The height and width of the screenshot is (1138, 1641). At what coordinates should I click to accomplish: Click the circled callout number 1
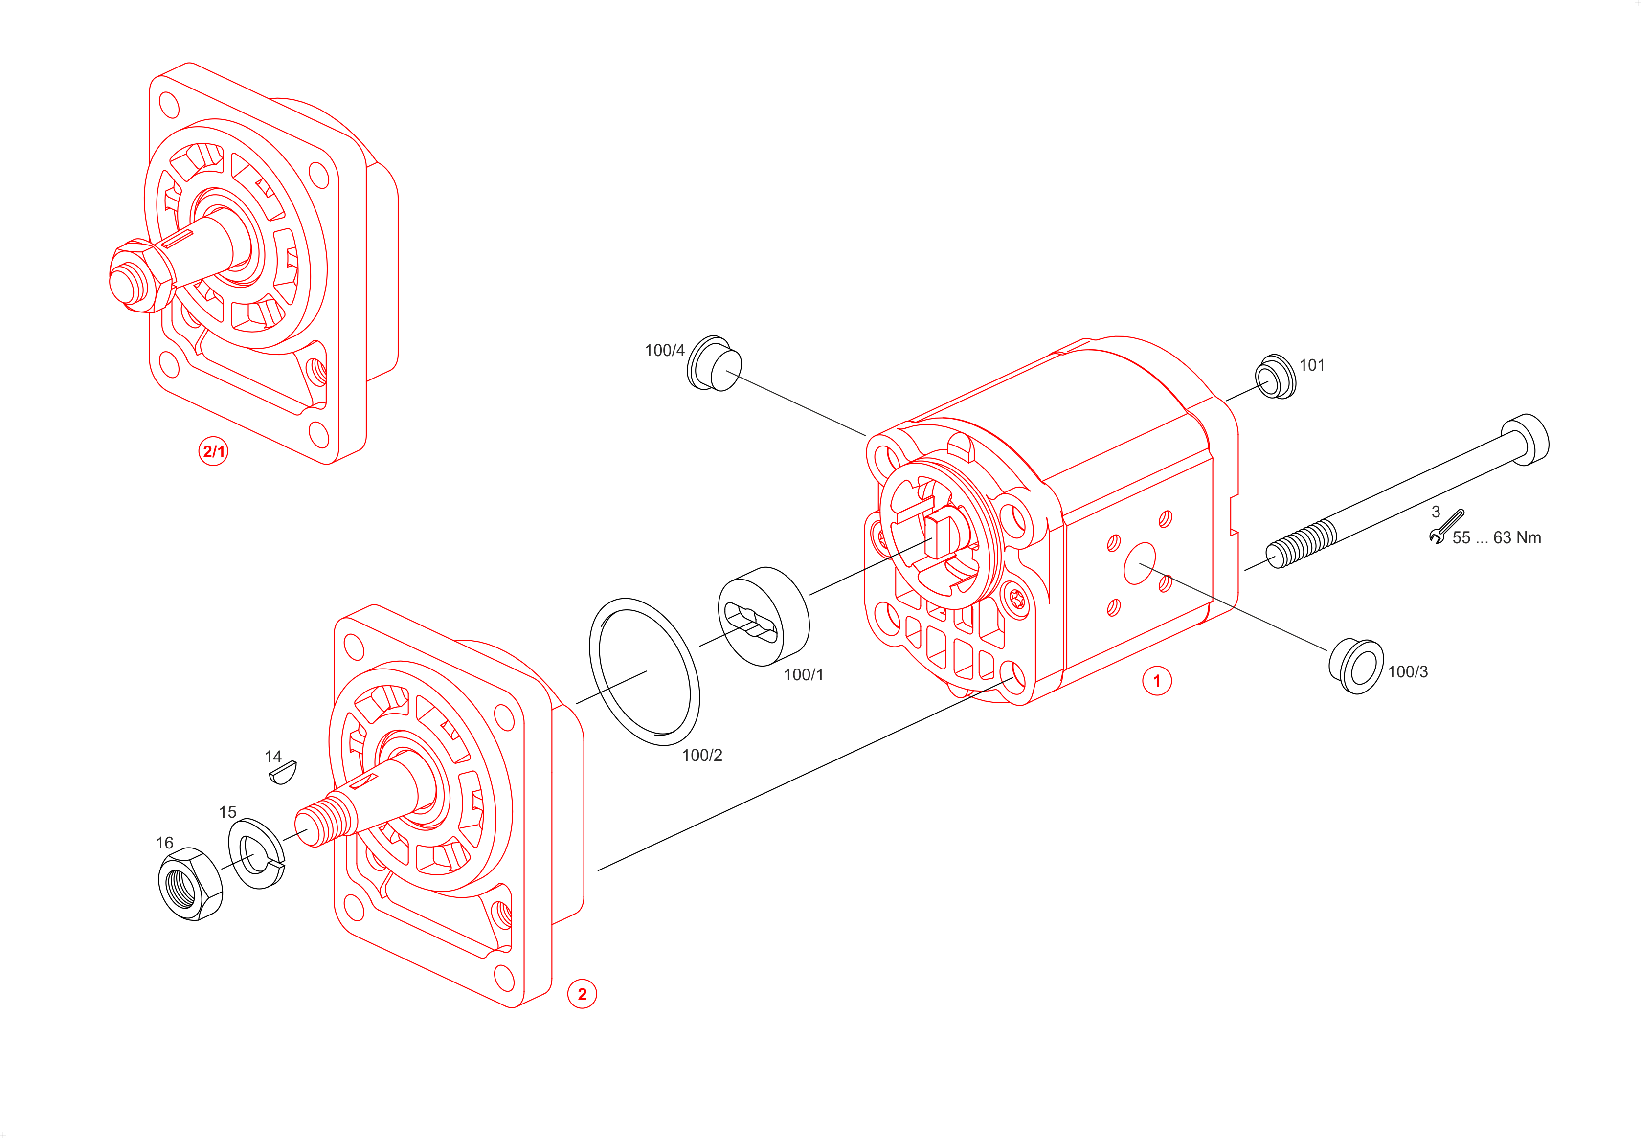coord(1157,681)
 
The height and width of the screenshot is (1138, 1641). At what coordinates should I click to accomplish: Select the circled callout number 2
coord(582,994)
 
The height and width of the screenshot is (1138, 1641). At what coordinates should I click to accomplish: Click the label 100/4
coord(664,350)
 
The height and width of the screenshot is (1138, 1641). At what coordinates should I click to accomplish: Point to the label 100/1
coord(803,674)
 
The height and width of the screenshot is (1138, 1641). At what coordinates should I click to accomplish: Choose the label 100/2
coord(702,755)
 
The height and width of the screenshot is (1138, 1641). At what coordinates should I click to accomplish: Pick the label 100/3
coord(1408,671)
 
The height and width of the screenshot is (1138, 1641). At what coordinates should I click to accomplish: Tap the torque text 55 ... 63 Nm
coord(1496,537)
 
